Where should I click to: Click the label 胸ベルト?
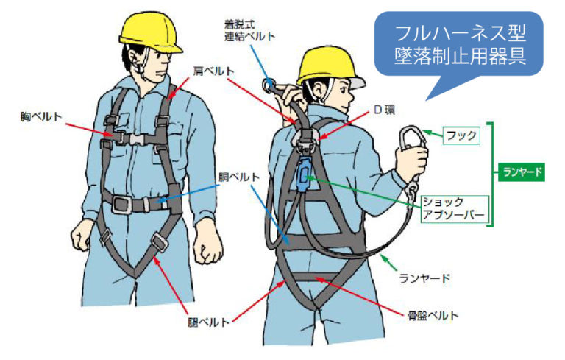(41, 117)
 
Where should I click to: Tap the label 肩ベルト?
(213, 71)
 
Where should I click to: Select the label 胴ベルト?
(239, 177)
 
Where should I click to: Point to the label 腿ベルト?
(209, 322)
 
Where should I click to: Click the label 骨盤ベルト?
(433, 316)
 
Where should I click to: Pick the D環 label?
(385, 110)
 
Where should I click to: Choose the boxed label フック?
(461, 135)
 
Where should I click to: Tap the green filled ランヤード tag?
(522, 172)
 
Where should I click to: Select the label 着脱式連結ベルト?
(249, 30)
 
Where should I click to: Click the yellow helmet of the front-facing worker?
(150, 33)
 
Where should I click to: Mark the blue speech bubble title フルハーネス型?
(461, 33)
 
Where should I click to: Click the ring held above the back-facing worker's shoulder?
(269, 85)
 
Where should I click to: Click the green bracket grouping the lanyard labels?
(491, 174)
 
